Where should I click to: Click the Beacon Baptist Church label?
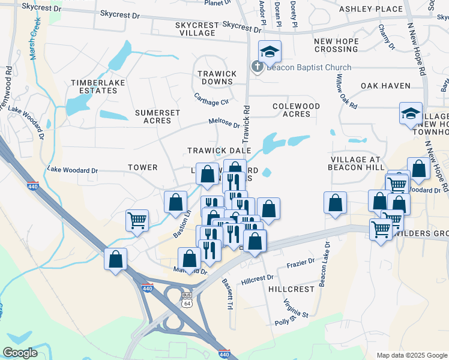tap(309, 67)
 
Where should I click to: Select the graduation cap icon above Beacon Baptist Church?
tap(270, 52)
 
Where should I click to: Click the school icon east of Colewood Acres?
tap(411, 113)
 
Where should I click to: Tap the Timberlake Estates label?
tap(94, 86)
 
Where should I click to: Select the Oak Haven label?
tap(385, 86)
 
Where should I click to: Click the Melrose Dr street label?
tap(224, 122)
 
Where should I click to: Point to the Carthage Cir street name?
tap(211, 98)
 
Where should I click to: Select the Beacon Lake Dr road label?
tap(325, 265)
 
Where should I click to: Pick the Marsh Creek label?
tap(35, 37)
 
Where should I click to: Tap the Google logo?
tap(20, 353)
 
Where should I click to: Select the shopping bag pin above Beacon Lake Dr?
tap(336, 203)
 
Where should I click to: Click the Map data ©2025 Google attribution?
tap(411, 355)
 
